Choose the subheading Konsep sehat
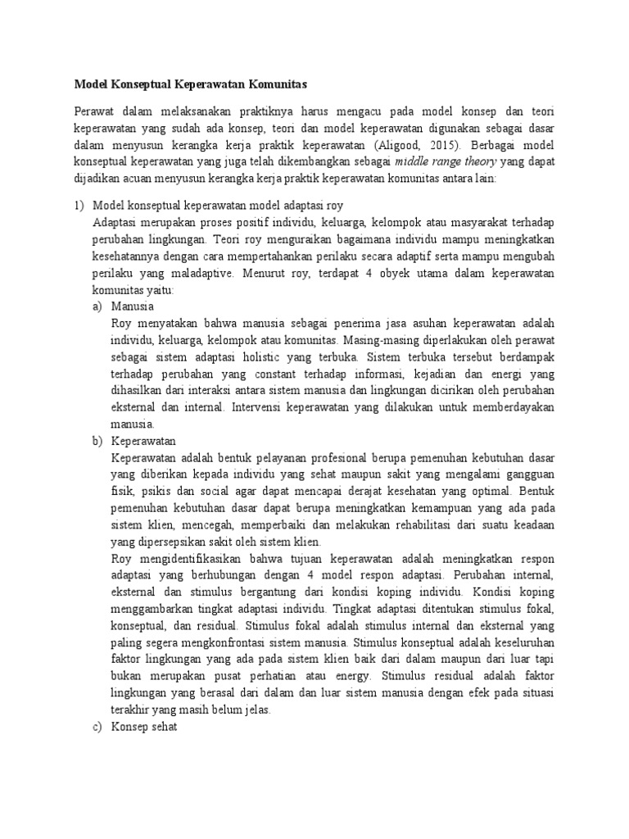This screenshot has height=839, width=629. coord(144,726)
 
